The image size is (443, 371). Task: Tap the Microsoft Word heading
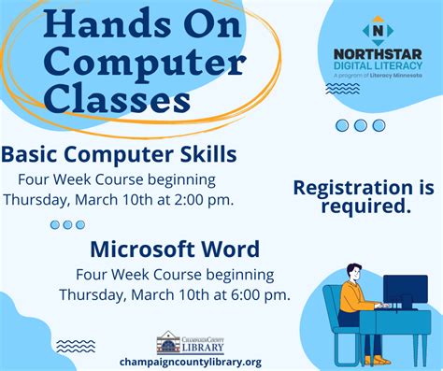tap(175, 250)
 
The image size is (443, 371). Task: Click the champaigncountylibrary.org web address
tap(190, 362)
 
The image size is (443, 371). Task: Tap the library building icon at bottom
tap(168, 342)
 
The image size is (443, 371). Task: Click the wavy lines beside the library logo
tap(76, 346)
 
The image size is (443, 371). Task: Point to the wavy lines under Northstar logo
tap(336, 90)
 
